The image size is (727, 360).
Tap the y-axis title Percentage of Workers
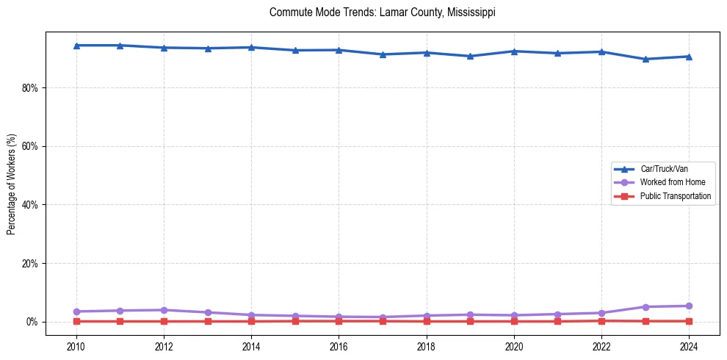pyautogui.click(x=11, y=184)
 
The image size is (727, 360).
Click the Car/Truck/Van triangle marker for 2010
pyautogui.click(x=76, y=46)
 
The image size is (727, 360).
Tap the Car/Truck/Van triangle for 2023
pyautogui.click(x=645, y=59)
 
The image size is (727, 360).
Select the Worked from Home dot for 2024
pyautogui.click(x=689, y=306)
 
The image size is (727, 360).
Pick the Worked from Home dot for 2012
pyautogui.click(x=164, y=310)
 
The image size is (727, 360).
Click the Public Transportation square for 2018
pyautogui.click(x=427, y=321)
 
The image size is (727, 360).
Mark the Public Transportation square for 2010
pyautogui.click(x=76, y=321)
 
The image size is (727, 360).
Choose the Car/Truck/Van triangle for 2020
pyautogui.click(x=514, y=51)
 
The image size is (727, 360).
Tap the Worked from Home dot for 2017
pyautogui.click(x=383, y=317)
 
